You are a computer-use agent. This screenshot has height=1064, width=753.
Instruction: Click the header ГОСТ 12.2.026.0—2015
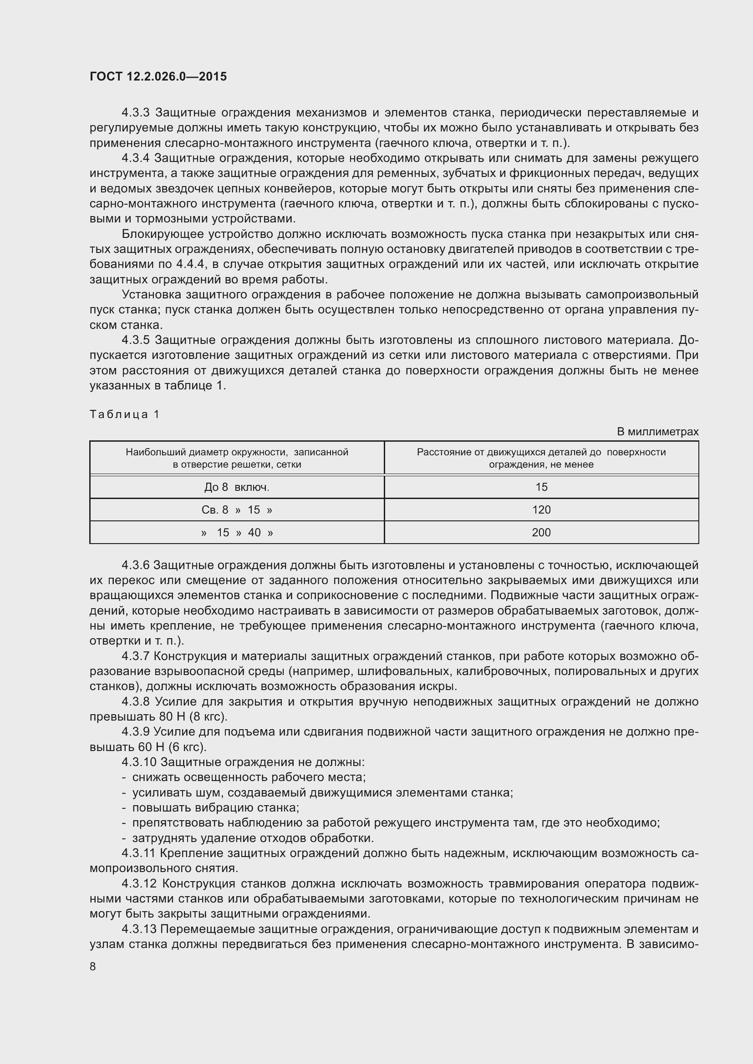[158, 76]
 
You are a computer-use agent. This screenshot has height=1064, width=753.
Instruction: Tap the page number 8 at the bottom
[93, 966]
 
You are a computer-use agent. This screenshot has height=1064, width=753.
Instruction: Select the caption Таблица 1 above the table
[124, 414]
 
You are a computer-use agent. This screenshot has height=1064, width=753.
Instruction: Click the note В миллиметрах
[657, 431]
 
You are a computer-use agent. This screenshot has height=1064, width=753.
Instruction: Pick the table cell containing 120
[541, 510]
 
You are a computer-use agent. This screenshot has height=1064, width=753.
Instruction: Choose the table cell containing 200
[541, 533]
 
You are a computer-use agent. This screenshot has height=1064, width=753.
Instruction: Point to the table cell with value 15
[541, 487]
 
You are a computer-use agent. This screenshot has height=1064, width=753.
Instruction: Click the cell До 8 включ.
[237, 487]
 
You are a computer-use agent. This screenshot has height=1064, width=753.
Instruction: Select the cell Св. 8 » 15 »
[237, 510]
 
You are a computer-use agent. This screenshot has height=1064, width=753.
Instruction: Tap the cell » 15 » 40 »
[237, 533]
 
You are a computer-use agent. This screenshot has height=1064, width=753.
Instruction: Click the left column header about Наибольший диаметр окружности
[237, 458]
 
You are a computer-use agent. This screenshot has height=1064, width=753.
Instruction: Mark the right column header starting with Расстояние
[541, 458]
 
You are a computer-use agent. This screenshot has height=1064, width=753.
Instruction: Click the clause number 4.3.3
[135, 113]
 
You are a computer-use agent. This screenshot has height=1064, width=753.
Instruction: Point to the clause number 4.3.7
[135, 656]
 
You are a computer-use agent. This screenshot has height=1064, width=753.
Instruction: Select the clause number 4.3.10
[139, 762]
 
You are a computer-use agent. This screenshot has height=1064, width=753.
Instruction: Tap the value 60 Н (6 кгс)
[172, 747]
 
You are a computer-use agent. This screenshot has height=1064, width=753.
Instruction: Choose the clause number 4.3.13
[139, 929]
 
